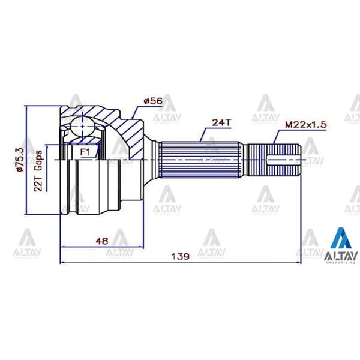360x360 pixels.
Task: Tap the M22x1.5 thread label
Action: point(305,124)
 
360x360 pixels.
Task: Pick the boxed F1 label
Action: point(86,152)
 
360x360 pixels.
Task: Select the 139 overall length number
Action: point(180,256)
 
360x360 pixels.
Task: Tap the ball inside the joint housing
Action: point(80,128)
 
